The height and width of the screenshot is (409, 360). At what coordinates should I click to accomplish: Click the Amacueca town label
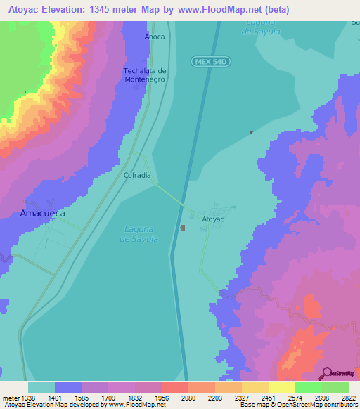[x=42, y=212]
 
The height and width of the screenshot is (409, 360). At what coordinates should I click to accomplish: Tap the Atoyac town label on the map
[x=212, y=219]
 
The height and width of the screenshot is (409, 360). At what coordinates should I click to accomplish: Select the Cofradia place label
[x=137, y=175]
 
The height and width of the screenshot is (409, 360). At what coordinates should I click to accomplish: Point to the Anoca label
[x=155, y=37]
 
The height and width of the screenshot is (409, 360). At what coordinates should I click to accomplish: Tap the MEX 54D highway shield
[x=211, y=63]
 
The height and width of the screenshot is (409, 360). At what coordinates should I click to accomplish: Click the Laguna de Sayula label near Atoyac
[x=139, y=234]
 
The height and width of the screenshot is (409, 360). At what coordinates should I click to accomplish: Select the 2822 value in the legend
[x=347, y=397]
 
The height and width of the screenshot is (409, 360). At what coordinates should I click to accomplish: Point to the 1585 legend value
[x=81, y=397]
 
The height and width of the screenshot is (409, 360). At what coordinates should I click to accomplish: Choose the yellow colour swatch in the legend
[x=281, y=387]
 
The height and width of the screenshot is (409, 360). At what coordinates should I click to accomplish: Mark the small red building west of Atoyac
[x=183, y=227]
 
